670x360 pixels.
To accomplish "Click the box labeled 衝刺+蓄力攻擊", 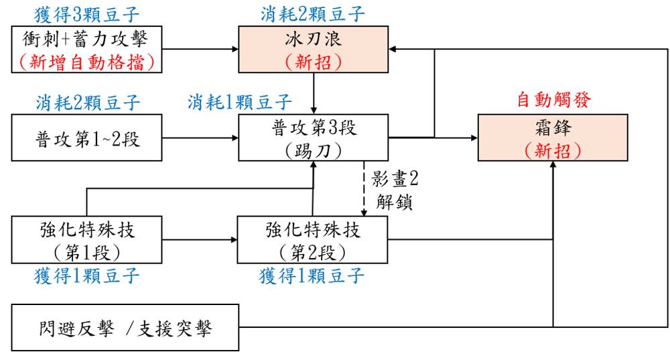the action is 86,49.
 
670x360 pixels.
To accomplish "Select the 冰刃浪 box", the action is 313,49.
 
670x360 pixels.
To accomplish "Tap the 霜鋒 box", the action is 553,137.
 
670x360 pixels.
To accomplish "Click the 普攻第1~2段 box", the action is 86,137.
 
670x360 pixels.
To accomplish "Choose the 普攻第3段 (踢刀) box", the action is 313,137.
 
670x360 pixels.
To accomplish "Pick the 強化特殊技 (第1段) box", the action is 86,239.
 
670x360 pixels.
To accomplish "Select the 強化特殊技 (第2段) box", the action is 312,239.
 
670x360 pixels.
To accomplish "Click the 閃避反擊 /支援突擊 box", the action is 125,328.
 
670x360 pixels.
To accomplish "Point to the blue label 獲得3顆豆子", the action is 86,15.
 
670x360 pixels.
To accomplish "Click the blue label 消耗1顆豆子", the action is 240,102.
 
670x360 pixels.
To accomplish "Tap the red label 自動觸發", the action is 554,100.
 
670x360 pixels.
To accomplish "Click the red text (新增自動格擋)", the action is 86,62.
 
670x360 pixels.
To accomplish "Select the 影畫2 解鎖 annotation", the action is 395,190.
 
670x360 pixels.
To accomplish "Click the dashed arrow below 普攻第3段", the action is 364,188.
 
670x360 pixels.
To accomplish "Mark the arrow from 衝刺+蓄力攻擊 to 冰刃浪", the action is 200,49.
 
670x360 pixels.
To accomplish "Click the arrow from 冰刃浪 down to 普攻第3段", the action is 313,93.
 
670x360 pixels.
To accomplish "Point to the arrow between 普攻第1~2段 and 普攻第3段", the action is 200,137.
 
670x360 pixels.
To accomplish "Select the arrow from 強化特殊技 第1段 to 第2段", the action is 200,239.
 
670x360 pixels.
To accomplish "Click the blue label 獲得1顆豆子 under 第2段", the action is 312,276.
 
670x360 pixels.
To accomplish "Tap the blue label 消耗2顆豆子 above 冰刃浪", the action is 313,14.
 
